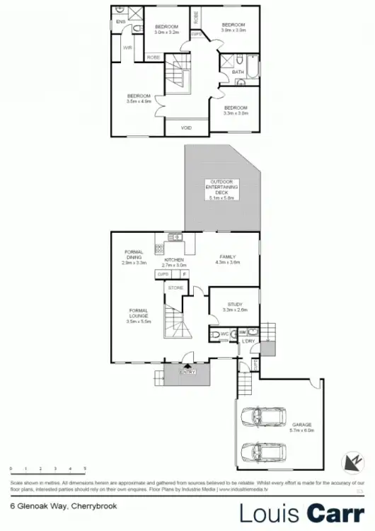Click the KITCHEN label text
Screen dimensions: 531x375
[x=173, y=261]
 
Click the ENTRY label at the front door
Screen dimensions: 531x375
[x=187, y=372]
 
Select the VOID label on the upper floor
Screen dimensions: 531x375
[x=186, y=128]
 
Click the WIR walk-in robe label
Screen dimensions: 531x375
[x=128, y=48]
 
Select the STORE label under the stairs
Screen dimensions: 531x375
[x=175, y=288]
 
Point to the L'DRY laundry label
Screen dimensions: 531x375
[x=248, y=342]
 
